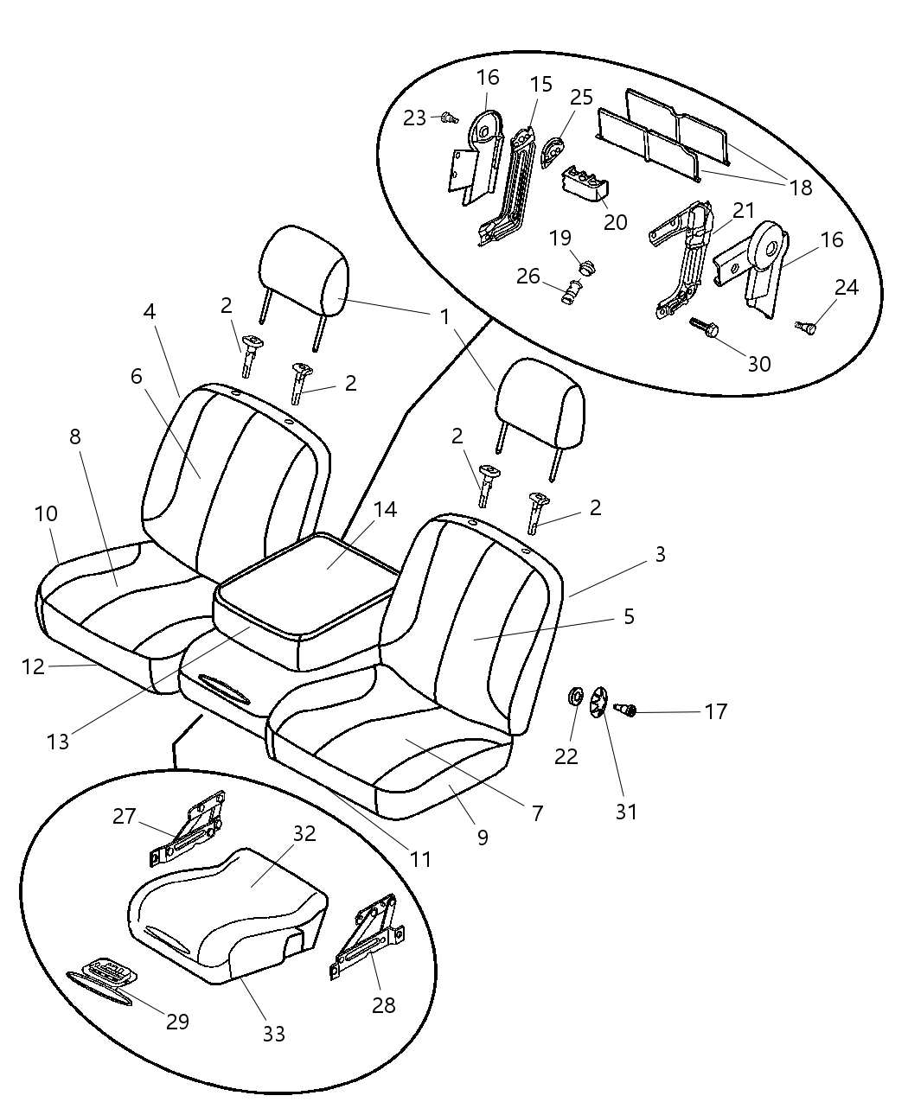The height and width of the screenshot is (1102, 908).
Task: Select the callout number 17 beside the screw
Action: coord(715,711)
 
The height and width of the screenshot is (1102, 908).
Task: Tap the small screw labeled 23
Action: coord(448,118)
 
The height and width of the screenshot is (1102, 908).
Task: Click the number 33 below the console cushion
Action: coord(273,1033)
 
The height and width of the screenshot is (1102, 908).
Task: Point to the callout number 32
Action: coord(304,834)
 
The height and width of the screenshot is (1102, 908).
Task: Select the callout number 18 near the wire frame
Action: coord(801,187)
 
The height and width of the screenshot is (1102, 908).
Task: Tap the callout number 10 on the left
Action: coord(46,514)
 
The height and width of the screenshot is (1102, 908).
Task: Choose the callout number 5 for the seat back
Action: coord(629,616)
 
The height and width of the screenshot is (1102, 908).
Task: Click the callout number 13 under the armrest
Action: coord(58,741)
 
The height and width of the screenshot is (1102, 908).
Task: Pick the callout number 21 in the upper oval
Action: coord(744,210)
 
